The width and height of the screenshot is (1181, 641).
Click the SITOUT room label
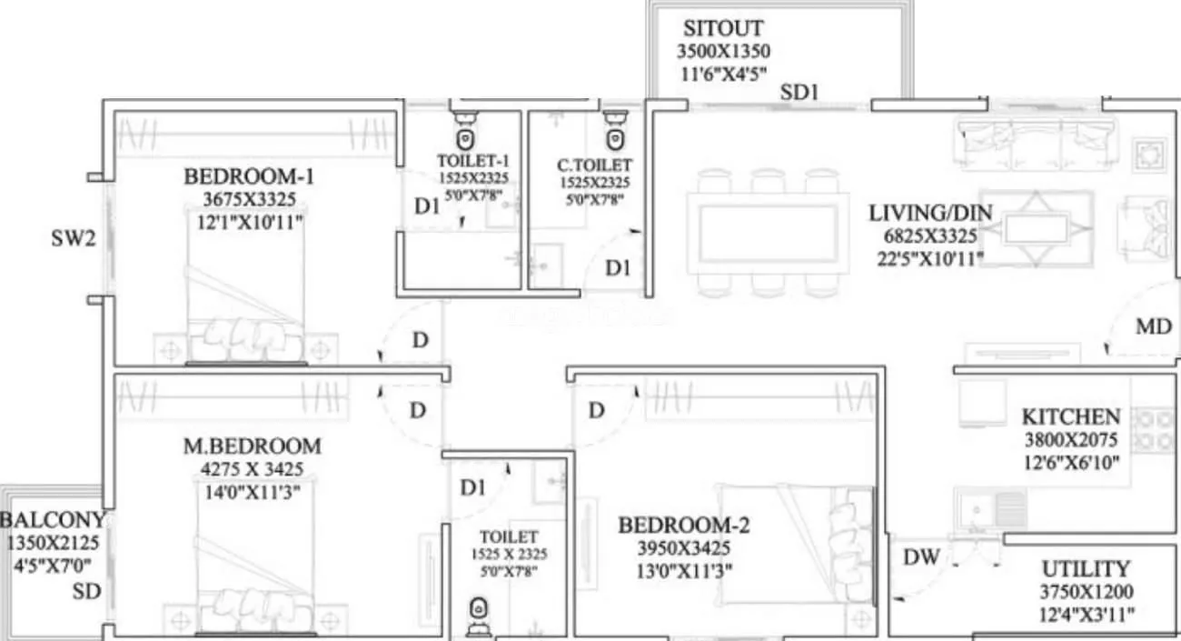tap(723, 28)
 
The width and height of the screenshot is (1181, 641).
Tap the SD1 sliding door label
tap(799, 92)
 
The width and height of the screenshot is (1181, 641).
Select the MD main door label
tap(1154, 326)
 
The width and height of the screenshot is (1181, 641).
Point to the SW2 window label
tap(73, 240)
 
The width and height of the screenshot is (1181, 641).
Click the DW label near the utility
tap(921, 557)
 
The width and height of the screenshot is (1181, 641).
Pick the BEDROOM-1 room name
tap(249, 175)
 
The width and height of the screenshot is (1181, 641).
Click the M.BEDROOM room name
tap(253, 446)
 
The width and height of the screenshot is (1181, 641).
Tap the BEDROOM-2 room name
tap(684, 526)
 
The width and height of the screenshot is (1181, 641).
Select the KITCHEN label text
tap(1070, 417)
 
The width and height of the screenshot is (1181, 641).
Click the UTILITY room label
tap(1085, 570)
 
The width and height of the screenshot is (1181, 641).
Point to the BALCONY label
tap(53, 521)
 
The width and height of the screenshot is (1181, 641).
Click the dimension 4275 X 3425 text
tap(253, 470)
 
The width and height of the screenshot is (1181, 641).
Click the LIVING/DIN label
tap(930, 214)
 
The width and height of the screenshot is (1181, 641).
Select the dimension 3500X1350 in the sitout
tap(723, 51)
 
